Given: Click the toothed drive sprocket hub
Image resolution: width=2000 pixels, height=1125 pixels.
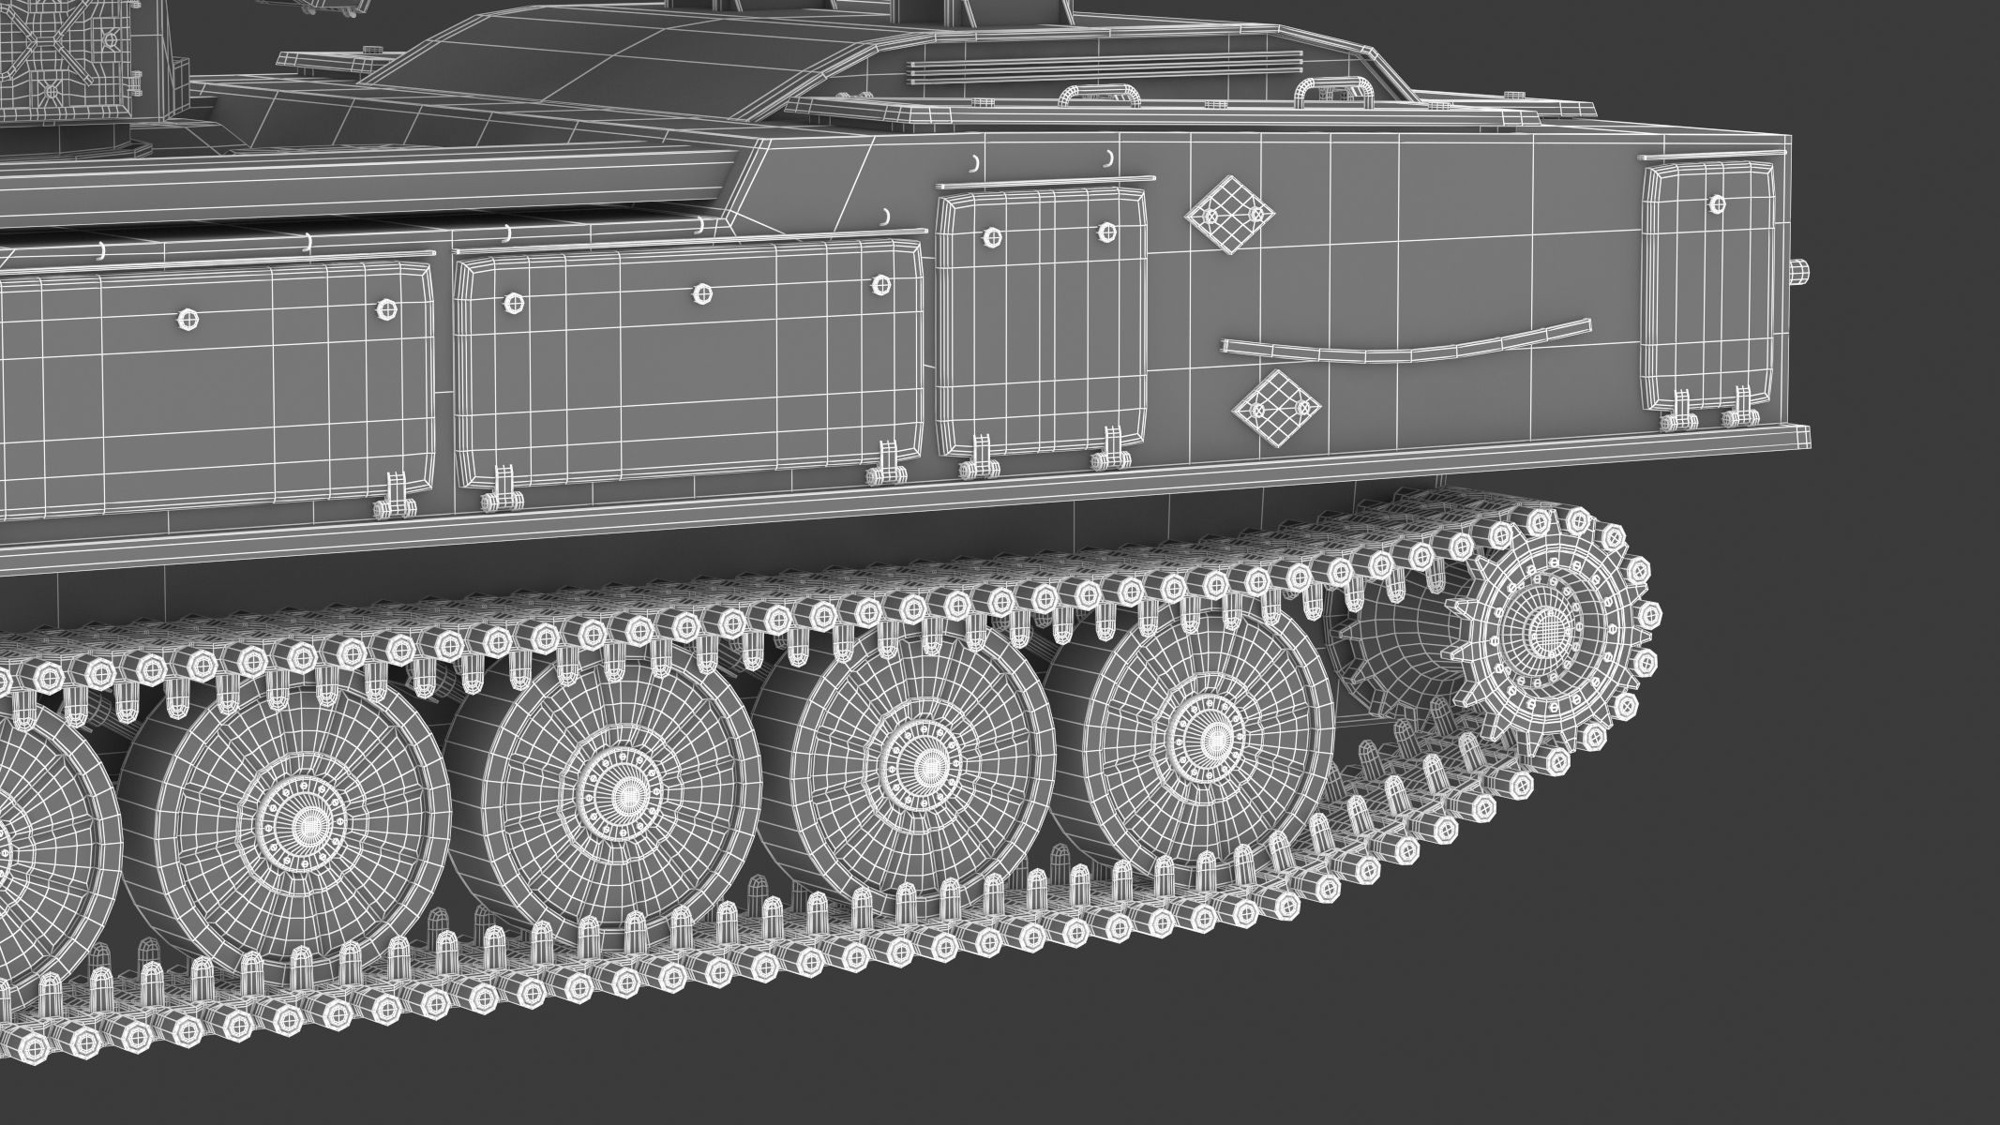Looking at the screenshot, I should pos(1544,629).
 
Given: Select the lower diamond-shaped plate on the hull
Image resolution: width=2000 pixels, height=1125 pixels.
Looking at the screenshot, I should pos(1277,408).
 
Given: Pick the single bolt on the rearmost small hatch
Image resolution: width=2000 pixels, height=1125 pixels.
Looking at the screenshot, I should pos(1717,203).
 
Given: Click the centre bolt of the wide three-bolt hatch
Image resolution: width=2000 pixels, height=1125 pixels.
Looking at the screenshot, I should pos(701,294).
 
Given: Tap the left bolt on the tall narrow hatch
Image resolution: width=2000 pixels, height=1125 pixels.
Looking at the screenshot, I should pos(990,237).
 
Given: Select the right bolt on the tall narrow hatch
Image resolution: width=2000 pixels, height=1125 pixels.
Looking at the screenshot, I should pos(1106,231).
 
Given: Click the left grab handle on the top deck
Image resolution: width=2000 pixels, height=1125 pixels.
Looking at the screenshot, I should pos(1095,95).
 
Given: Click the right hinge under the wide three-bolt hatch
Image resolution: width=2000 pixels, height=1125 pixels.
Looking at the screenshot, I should pos(885,469).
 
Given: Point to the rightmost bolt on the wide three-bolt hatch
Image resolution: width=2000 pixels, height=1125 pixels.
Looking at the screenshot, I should pos(880,285).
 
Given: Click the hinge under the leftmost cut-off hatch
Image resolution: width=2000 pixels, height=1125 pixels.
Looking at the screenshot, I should pos(396,499).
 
